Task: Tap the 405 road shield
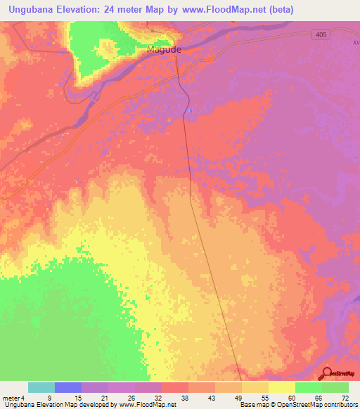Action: [321, 34]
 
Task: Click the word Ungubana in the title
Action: [31, 10]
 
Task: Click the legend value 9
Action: [49, 398]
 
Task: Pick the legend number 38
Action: [184, 398]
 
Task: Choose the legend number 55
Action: [264, 398]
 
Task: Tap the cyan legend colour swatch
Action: [41, 387]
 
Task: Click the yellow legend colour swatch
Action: [281, 387]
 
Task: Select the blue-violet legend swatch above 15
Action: [68, 387]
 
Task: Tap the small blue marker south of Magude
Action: [189, 110]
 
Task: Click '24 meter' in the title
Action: [132, 10]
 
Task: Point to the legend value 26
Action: [130, 398]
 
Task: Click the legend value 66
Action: [319, 398]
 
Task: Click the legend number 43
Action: [210, 398]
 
